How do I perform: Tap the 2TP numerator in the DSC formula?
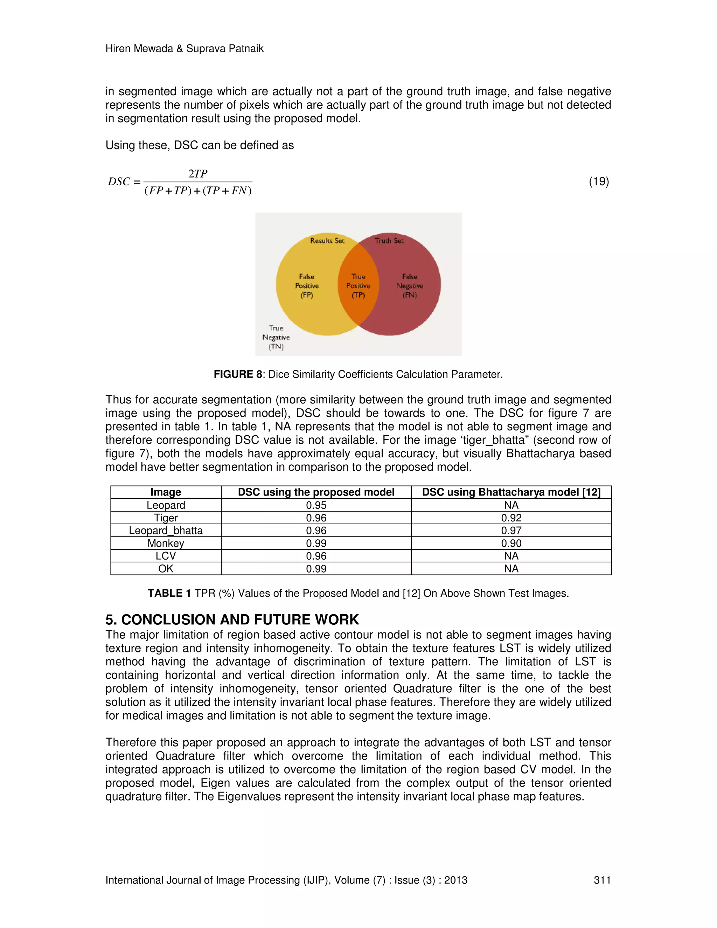198,174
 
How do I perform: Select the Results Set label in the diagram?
327,241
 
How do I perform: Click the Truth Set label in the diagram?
389,241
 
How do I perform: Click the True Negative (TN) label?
276,337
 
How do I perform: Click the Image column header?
166,492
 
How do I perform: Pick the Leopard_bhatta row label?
166,531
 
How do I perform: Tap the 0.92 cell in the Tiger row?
511,518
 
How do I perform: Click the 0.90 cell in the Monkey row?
511,543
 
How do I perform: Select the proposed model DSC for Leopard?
316,505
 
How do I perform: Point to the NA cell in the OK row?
511,569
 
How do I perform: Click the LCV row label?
166,556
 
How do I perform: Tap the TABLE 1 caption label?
169,593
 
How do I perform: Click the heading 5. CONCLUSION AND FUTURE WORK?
232,619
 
